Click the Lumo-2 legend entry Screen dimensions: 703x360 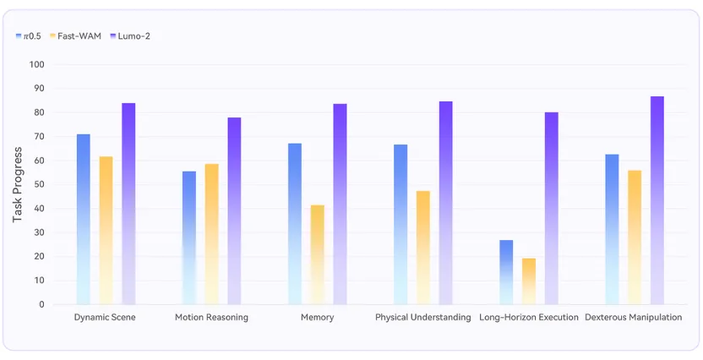(130, 36)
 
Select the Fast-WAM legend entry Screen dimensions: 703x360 (76, 36)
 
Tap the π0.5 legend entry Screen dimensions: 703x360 (28, 36)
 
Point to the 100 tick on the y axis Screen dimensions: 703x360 (37, 64)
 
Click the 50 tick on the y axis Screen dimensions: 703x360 (39, 185)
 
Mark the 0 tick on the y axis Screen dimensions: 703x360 (41, 305)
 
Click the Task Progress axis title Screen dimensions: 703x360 (17, 185)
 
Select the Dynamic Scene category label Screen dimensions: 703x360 (105, 318)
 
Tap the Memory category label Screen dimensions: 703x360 (318, 318)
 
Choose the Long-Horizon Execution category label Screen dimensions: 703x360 (529, 318)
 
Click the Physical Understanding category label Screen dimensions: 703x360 (423, 318)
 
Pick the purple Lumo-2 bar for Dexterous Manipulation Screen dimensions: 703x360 (657, 200)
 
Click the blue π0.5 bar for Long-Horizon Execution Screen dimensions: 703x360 (506, 273)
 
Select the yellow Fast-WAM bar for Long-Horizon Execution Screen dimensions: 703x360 (529, 281)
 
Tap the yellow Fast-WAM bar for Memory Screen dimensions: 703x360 (318, 255)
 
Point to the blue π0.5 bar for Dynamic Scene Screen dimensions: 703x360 (84, 220)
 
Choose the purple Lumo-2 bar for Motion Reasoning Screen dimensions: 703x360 (234, 211)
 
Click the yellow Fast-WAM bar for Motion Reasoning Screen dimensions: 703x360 (211, 234)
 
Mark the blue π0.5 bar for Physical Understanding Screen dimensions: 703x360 (401, 225)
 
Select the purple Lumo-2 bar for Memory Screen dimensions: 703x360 (340, 205)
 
